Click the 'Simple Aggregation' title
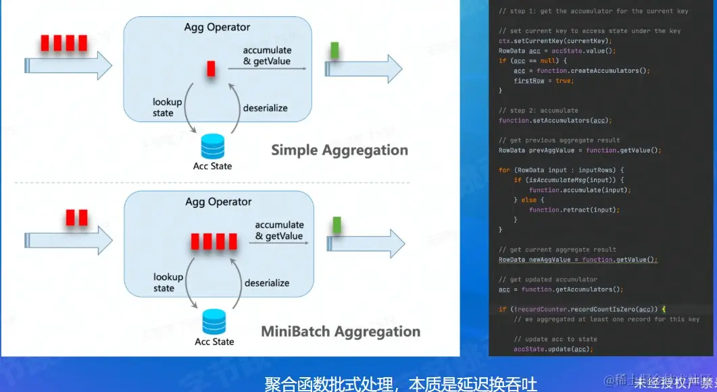coord(339,150)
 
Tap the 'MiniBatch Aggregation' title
coord(341,331)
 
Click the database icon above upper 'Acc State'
coord(213,146)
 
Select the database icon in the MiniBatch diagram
coord(214,320)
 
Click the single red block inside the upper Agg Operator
coord(212,68)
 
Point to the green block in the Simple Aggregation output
coord(335,50)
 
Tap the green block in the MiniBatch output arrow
coord(336,225)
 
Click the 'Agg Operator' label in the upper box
coord(217,28)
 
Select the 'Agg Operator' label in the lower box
coord(218,202)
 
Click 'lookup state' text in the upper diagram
coord(167,107)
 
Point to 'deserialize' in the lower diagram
coord(266,283)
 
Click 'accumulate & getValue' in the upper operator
coord(267,56)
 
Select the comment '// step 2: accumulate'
coord(538,110)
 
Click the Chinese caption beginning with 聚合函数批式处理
coord(401,384)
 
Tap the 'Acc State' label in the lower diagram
coord(214,341)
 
